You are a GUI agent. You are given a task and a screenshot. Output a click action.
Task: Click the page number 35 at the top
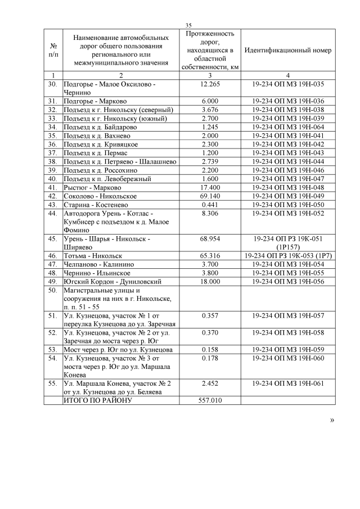[188, 25]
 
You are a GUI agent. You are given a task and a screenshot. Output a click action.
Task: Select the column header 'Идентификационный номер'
[287, 50]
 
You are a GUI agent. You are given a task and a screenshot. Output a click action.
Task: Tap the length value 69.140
[209, 196]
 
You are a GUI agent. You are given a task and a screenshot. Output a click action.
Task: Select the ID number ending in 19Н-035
[288, 84]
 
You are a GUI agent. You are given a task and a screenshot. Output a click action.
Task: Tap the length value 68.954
[209, 238]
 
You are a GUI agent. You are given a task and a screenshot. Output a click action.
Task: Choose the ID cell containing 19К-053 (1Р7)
[287, 255]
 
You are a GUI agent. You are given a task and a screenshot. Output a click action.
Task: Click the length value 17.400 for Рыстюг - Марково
[209, 187]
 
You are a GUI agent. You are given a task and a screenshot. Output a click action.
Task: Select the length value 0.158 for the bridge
[209, 349]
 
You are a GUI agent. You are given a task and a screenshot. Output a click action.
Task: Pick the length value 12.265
[209, 84]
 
